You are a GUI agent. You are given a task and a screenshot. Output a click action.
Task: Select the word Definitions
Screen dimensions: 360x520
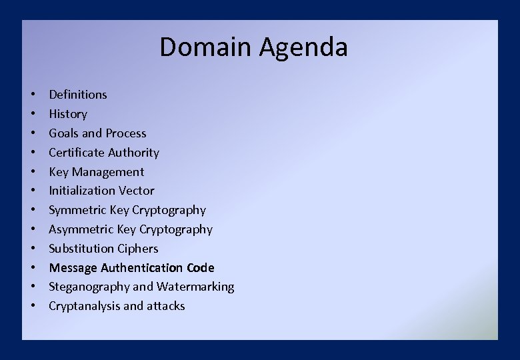pyautogui.click(x=78, y=95)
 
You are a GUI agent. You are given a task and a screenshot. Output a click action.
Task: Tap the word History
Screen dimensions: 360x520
pyautogui.click(x=68, y=114)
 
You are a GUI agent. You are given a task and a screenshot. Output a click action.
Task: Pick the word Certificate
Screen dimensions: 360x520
pyautogui.click(x=75, y=153)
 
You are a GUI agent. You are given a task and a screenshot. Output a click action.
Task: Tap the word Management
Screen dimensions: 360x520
pyautogui.click(x=109, y=172)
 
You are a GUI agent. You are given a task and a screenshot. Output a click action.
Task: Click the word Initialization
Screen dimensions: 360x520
pyautogui.click(x=81, y=191)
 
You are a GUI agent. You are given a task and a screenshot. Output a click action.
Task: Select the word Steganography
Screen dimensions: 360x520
pyautogui.click(x=89, y=287)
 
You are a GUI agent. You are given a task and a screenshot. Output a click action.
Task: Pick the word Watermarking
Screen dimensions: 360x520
pyautogui.click(x=195, y=287)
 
